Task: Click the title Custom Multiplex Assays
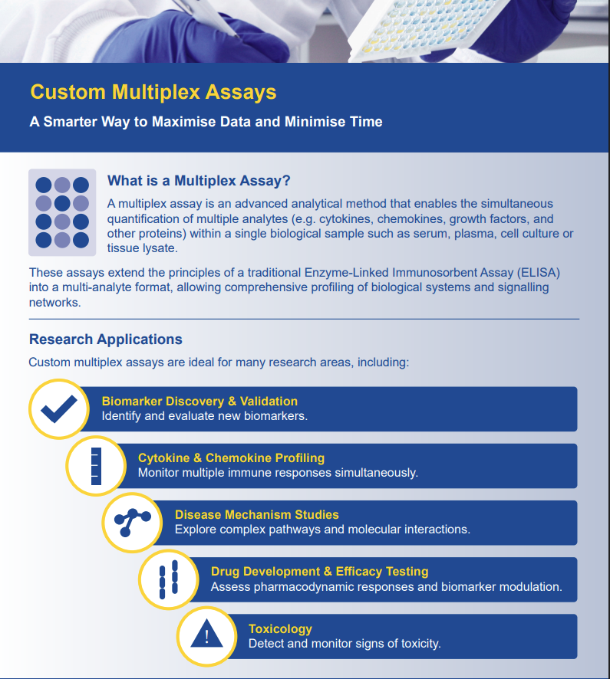[x=153, y=92]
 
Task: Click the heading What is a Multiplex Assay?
[x=199, y=181]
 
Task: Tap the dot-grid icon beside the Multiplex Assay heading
[x=62, y=212]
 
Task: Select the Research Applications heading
[x=106, y=339]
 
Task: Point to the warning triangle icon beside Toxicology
[x=206, y=635]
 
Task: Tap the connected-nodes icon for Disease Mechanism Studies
[x=133, y=523]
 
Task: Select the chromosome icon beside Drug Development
[x=169, y=579]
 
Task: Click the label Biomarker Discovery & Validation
[x=199, y=401]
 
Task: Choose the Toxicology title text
[x=280, y=629]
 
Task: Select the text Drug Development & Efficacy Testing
[x=319, y=572]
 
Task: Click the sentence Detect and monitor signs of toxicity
[x=345, y=644]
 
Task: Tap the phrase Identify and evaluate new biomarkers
[x=204, y=416]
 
